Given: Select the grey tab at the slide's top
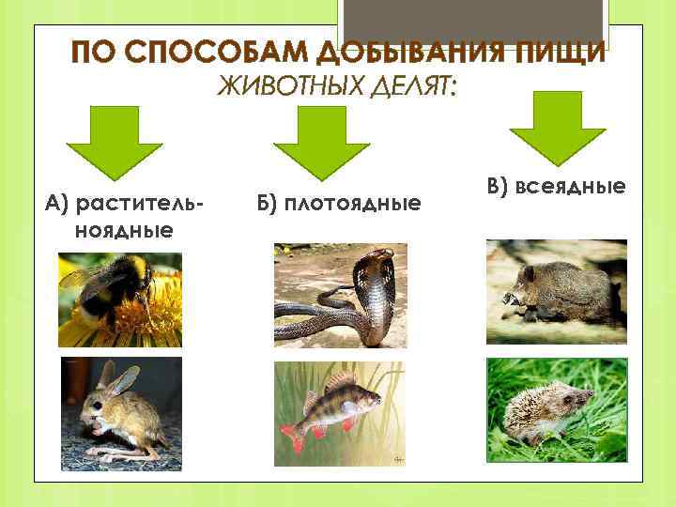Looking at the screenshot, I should [x=474, y=23].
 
